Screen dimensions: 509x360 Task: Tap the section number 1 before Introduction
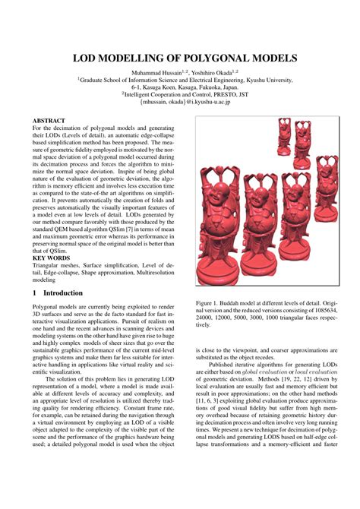(x=36, y=292)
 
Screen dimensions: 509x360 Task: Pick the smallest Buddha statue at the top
(x=284, y=133)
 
